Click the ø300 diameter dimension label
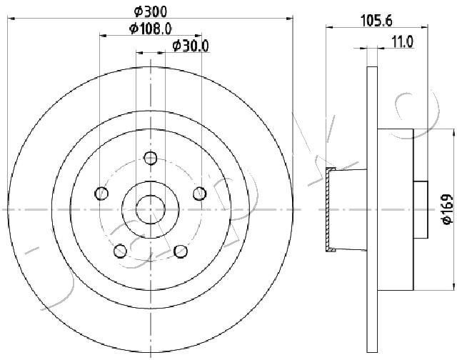click(x=151, y=11)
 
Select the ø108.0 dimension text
click(x=151, y=29)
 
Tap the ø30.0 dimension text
click(x=191, y=46)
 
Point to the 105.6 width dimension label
click(x=376, y=21)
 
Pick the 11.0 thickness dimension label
click(x=402, y=42)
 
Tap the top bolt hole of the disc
click(x=151, y=159)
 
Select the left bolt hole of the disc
click(x=101, y=194)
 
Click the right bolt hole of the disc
click(x=200, y=194)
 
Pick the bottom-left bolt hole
click(x=120, y=251)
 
